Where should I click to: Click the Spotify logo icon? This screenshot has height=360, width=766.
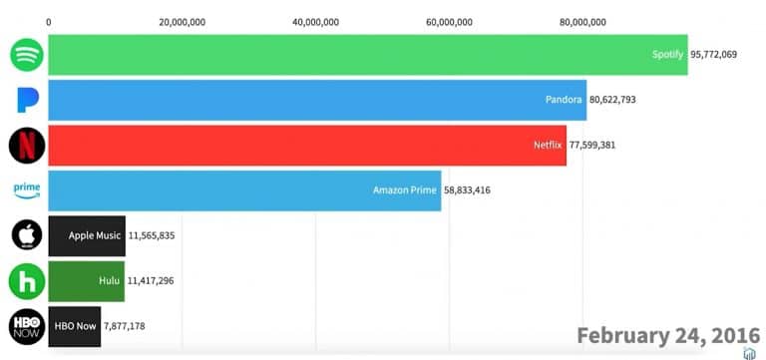pos(27,55)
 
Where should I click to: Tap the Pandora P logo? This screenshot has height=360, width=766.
pos(27,100)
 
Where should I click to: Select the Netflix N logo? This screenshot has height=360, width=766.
pos(27,145)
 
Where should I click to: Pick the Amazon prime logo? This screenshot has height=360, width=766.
pos(27,190)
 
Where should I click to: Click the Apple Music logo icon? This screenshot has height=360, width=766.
pos(27,235)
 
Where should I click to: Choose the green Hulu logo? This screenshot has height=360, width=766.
pos(27,281)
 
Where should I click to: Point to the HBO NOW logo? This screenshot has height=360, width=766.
pos(27,326)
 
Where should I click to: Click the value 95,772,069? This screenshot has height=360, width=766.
pos(713,55)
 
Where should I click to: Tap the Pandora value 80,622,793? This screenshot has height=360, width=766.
pos(612,100)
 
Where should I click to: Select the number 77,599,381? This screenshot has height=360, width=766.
pos(592,145)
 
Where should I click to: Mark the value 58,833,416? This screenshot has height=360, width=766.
pos(467,190)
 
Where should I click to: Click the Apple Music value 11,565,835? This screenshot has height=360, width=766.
pos(152,235)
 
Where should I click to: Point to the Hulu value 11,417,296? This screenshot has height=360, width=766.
pos(151,281)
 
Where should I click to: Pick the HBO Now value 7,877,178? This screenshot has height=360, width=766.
pos(124,326)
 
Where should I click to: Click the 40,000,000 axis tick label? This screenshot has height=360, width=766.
pos(315,23)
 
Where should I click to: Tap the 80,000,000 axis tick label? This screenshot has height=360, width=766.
pos(582,23)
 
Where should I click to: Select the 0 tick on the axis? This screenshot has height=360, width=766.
pos(48,23)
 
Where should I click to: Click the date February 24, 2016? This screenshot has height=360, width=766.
pos(668,336)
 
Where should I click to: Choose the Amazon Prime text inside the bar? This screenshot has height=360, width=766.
pos(405,190)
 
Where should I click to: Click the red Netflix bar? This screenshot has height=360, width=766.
pos(307,145)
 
